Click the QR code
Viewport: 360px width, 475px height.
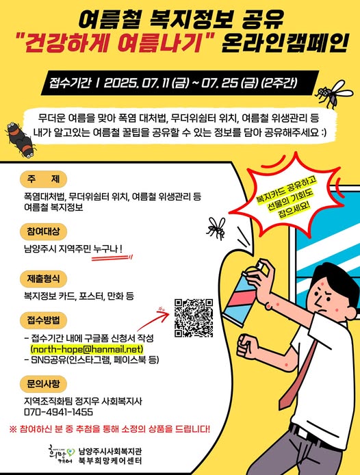click(x=194, y=318)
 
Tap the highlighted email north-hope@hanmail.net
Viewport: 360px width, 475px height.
click(x=87, y=349)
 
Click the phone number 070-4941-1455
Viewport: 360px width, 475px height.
click(x=58, y=412)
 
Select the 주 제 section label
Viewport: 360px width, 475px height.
click(x=43, y=179)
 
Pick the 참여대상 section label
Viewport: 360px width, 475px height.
click(x=43, y=231)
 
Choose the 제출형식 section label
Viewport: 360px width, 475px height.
click(x=43, y=279)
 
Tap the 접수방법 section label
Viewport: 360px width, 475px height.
click(x=43, y=320)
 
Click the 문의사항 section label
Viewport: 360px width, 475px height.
click(x=43, y=384)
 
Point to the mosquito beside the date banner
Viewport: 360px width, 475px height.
click(x=333, y=93)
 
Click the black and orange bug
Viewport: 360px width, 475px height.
click(x=21, y=140)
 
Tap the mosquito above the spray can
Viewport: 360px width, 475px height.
click(x=216, y=229)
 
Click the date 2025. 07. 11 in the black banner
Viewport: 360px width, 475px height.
click(x=136, y=83)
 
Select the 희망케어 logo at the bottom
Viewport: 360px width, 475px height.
click(x=61, y=454)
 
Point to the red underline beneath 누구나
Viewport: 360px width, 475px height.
click(x=112, y=258)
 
